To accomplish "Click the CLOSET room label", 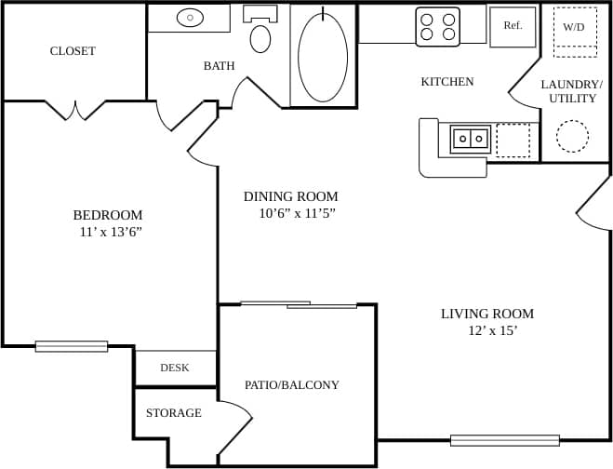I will [x=73, y=51].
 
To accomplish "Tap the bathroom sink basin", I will [x=190, y=17].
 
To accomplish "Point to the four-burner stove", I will [x=437, y=26].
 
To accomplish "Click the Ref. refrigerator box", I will [x=513, y=26].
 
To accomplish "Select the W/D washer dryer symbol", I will [x=573, y=27].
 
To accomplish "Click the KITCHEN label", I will [x=447, y=82].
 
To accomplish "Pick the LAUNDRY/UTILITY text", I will [x=572, y=91].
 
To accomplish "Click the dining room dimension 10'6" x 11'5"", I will [x=296, y=213].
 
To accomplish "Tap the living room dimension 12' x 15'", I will [x=493, y=330].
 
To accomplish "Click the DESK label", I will [x=175, y=368].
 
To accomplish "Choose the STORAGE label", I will [x=173, y=412].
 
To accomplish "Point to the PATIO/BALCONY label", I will [x=292, y=384].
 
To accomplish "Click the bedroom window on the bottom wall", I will [x=72, y=346].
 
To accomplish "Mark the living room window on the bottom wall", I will [x=504, y=440].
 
